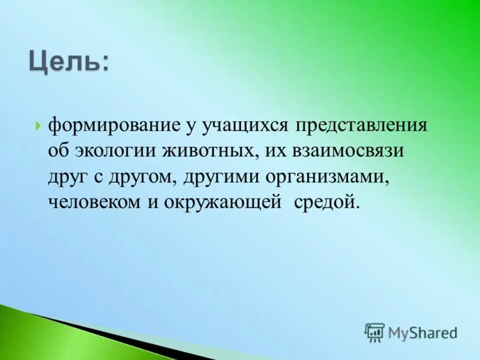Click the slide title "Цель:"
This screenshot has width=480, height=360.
(x=69, y=61)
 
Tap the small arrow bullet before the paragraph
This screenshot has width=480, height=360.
(x=38, y=126)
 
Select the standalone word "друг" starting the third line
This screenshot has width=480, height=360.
(x=67, y=176)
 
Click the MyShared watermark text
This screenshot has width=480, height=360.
(x=422, y=332)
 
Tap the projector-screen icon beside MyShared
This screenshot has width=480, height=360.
(x=374, y=332)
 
